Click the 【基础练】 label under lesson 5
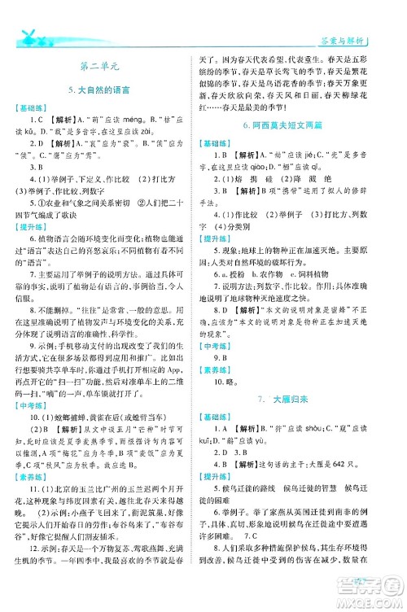point(32,108)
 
